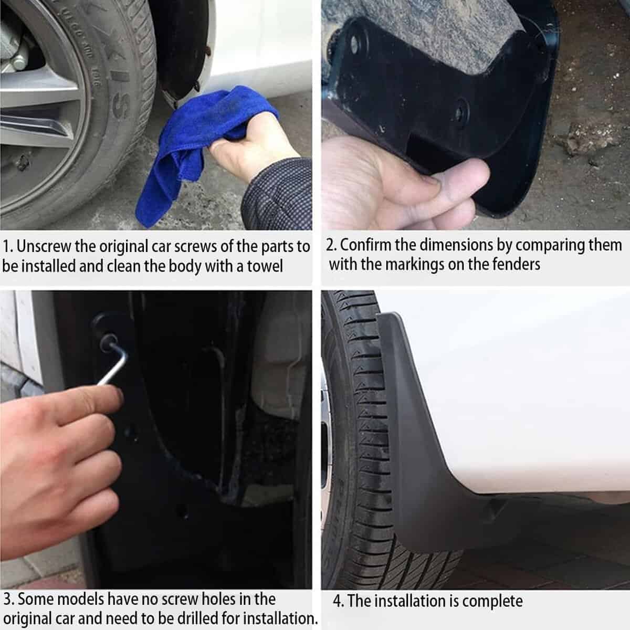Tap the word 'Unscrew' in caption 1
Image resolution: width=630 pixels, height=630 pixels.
(43, 246)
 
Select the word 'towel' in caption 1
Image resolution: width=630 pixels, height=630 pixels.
(265, 266)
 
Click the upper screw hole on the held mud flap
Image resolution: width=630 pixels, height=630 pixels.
(354, 44)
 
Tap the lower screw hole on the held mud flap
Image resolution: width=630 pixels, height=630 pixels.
(461, 110)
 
